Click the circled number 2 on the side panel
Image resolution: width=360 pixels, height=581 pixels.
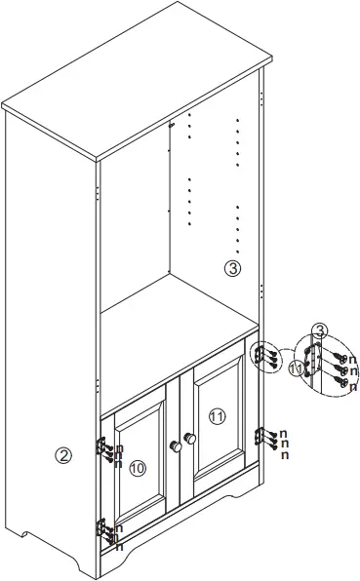[x=63, y=455]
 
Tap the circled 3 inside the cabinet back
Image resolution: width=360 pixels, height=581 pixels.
[x=231, y=269]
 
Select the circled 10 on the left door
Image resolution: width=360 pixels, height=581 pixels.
[x=138, y=468]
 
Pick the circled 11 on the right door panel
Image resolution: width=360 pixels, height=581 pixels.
[x=217, y=416]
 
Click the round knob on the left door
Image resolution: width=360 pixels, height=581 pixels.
[x=175, y=445]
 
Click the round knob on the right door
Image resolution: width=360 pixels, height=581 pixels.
[x=190, y=441]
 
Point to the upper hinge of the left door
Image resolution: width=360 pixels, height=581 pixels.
[x=101, y=446]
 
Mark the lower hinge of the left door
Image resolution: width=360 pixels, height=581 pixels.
[x=102, y=529]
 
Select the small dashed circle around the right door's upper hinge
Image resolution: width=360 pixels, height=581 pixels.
[x=261, y=358]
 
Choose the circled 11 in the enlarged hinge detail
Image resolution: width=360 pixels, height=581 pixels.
[x=297, y=368]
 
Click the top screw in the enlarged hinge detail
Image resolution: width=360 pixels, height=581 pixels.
[x=337, y=358]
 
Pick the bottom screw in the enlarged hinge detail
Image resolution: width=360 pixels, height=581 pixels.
[x=342, y=384]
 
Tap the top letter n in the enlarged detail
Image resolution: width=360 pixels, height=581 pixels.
[x=352, y=359]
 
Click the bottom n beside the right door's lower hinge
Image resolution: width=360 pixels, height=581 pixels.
[x=283, y=454]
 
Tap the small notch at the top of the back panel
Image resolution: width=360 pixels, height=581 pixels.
[x=172, y=125]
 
